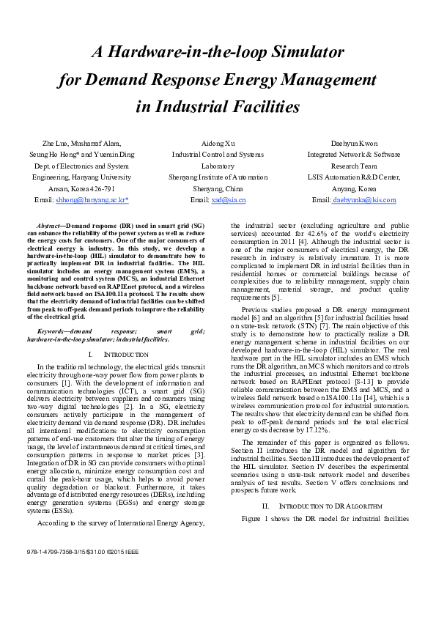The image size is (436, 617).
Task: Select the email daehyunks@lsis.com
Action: (364, 200)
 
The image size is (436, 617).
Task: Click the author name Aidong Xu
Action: (218, 143)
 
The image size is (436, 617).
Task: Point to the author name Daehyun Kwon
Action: (354, 143)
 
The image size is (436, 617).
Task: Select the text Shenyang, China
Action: (218, 188)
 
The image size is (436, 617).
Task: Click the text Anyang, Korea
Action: (354, 188)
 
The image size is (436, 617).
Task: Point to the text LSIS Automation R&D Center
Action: (354, 177)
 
